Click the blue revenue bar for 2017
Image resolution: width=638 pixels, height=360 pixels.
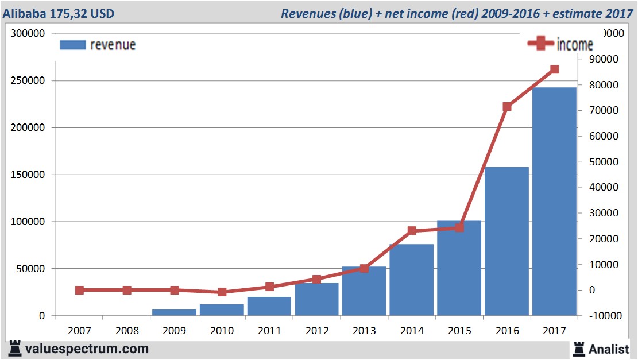tap(554, 201)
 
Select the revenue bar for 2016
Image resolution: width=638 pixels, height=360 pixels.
tap(506, 241)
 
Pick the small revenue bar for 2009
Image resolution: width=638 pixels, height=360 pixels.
tap(174, 312)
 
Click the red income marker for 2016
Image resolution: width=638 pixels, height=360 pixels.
tap(507, 107)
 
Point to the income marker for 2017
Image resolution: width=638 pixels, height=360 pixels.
tap(554, 69)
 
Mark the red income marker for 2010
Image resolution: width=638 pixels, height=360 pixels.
tap(222, 292)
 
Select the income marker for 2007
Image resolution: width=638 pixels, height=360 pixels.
tap(79, 290)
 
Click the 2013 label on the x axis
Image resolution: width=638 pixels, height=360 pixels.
tap(364, 331)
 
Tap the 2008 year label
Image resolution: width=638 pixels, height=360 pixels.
tap(127, 331)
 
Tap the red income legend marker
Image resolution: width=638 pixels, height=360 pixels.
tap(540, 44)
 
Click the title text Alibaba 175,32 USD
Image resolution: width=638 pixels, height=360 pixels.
tap(57, 13)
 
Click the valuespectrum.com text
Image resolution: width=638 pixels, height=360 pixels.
tap(87, 349)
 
